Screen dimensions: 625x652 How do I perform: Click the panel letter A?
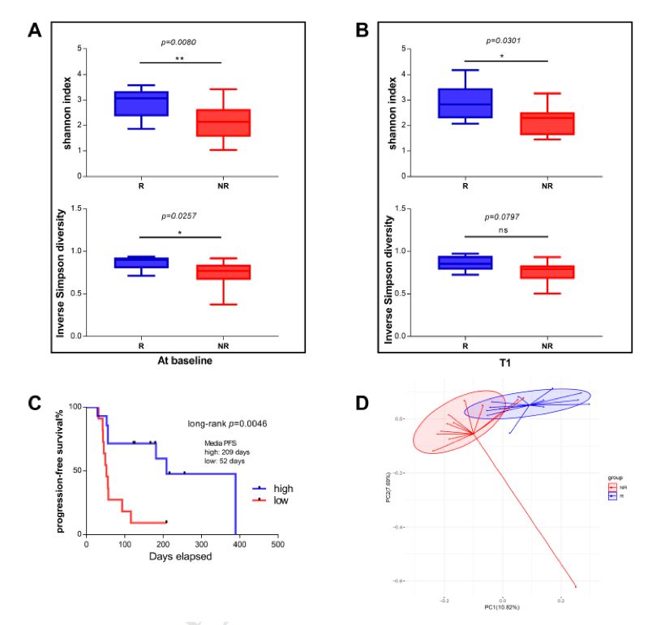tap(34, 31)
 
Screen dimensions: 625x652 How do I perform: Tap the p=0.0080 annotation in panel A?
tap(180, 41)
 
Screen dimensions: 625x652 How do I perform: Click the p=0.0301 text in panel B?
tap(506, 40)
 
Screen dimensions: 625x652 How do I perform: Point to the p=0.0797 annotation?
tap(505, 216)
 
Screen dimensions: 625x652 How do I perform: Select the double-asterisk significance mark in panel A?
tap(180, 58)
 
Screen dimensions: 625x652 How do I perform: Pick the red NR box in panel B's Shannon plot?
tap(547, 123)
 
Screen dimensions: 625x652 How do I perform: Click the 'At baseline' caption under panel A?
tap(180, 361)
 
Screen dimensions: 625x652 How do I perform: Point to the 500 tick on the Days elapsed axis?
tap(277, 545)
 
